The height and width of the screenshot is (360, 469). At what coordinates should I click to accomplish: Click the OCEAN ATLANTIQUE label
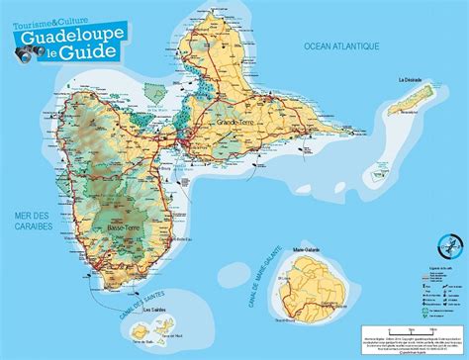click(x=343, y=45)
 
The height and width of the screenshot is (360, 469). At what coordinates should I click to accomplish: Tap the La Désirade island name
click(x=411, y=79)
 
